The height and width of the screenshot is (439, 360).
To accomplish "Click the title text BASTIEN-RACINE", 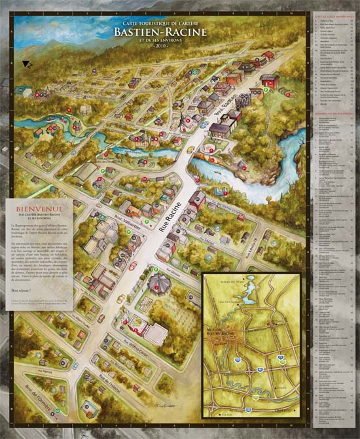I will [x=160, y=31].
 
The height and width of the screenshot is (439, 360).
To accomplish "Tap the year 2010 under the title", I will [x=160, y=47].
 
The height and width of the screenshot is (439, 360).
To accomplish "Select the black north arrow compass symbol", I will [x=27, y=64].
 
